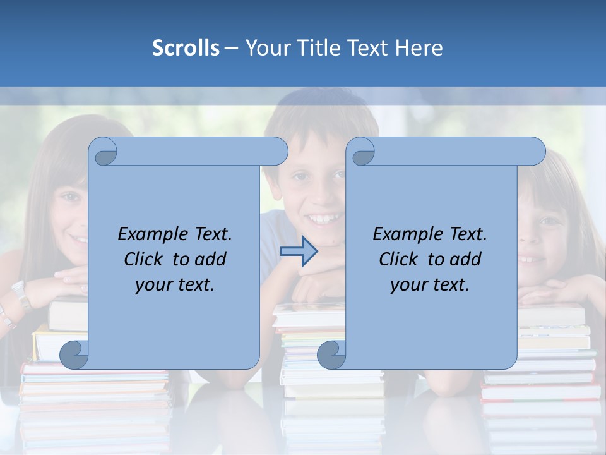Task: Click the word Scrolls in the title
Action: pos(186,48)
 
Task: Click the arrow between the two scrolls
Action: pos(299,251)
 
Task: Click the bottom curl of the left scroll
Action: pos(74,355)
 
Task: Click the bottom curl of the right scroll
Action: pos(332,355)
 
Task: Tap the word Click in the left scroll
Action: pos(143,259)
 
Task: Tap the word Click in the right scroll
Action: pos(398,259)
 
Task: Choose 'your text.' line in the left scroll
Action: pos(175,284)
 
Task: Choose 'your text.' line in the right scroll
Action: pos(430,284)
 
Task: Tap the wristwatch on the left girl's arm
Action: pos(21,294)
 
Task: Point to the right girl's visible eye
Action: pos(546,221)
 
